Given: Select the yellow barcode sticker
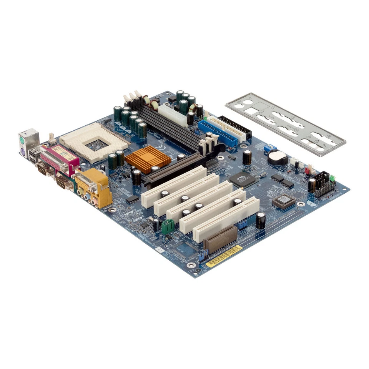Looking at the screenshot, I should (x=224, y=256).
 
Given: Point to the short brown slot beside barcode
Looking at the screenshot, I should (x=220, y=239).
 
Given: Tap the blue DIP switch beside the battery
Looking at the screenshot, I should (x=270, y=148).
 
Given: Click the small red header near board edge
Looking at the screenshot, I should (x=309, y=169).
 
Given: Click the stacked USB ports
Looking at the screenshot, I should (x=34, y=155).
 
